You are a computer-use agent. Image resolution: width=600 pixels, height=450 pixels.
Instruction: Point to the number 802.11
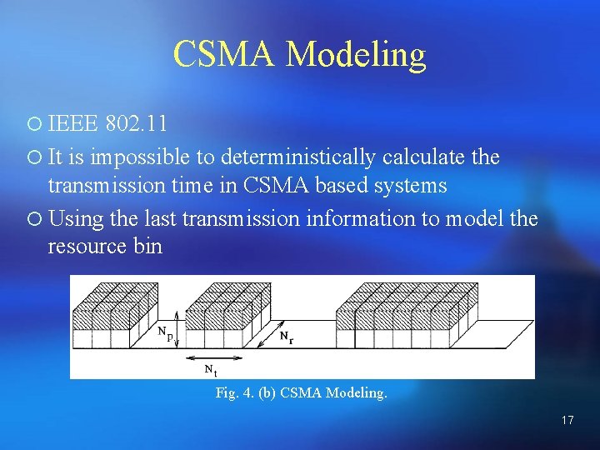coord(137,125)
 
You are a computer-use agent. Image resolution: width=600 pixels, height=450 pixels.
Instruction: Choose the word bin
coord(148,247)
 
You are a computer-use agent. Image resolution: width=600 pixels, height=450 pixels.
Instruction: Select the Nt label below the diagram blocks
coord(211,368)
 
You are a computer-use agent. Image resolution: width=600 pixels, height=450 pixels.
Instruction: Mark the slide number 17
coord(567,420)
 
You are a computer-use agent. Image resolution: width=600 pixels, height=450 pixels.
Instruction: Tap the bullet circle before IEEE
coord(32,125)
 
